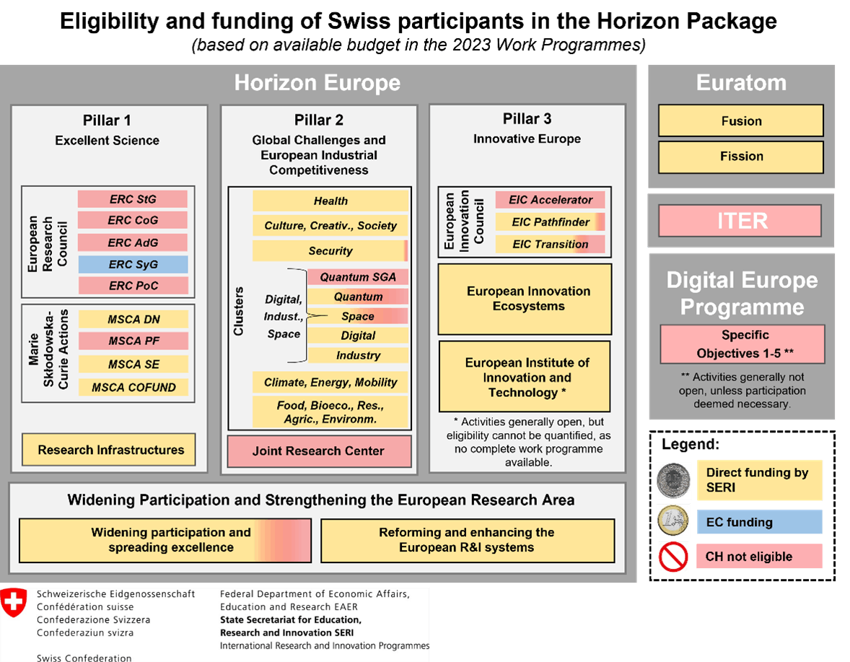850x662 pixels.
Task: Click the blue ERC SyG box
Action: [x=133, y=264]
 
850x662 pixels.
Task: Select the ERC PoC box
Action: [x=133, y=285]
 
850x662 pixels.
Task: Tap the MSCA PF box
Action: [x=133, y=341]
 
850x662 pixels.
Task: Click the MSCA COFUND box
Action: [x=133, y=387]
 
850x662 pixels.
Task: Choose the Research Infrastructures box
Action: [x=109, y=450]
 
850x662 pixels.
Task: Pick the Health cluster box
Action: [x=330, y=201]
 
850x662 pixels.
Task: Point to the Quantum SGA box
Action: [x=358, y=277]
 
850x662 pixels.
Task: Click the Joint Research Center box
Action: [x=319, y=451]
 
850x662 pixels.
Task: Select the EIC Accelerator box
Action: [x=551, y=199]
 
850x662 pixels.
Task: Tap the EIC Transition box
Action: [x=551, y=245]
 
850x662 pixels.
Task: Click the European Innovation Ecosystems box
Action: [x=525, y=300]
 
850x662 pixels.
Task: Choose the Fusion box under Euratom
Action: [x=741, y=121]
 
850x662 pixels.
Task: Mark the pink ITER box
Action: [x=740, y=221]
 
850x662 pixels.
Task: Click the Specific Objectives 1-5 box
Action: [x=742, y=344]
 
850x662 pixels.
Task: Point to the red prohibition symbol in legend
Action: [x=673, y=557]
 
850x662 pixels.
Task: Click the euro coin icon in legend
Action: [x=673, y=521]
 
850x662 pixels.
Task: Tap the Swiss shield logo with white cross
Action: [x=14, y=602]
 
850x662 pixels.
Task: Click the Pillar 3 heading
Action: [x=527, y=118]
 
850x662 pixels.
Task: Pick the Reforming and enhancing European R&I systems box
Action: [x=468, y=541]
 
